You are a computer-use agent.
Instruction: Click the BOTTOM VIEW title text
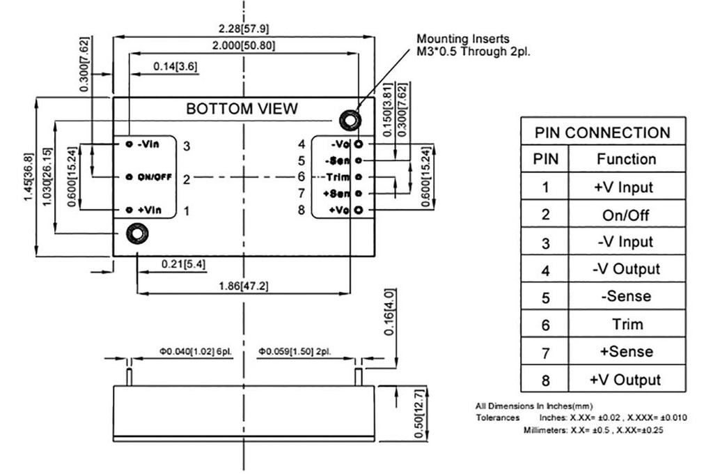tap(242, 109)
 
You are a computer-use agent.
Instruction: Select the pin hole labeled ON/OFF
tap(129, 177)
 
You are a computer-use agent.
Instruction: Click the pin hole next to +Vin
tap(129, 210)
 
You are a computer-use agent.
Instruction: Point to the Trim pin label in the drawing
tap(336, 176)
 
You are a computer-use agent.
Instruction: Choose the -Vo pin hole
tap(359, 144)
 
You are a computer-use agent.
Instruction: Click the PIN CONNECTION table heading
tap(602, 132)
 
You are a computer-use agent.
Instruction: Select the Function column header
tap(626, 160)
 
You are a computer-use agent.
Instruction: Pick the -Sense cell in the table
tap(626, 296)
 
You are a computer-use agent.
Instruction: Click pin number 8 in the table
tap(545, 380)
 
